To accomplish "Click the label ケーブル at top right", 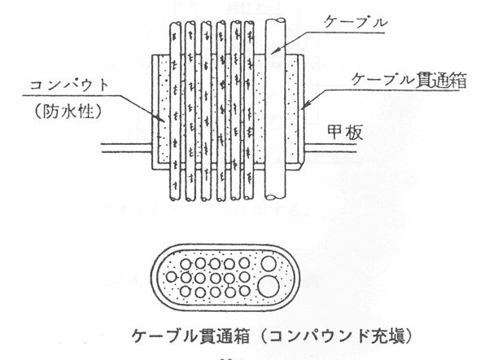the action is [356, 22].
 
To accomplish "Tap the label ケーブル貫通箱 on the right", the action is [409, 80].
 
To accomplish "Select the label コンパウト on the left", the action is [69, 85].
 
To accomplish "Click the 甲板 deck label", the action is [345, 132].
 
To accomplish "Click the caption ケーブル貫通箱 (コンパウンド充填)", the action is [272, 336].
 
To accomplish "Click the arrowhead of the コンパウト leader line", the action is [160, 118].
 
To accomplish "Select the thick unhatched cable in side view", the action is [275, 109].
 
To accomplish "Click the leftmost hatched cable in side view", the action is [175, 111].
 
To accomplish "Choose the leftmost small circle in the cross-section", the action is [171, 277].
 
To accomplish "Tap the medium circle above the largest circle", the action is [269, 264].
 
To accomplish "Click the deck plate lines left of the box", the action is [127, 147].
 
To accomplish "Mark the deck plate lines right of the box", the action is [330, 147].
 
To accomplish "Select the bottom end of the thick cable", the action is [275, 196].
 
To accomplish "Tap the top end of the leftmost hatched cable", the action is [176, 25].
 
